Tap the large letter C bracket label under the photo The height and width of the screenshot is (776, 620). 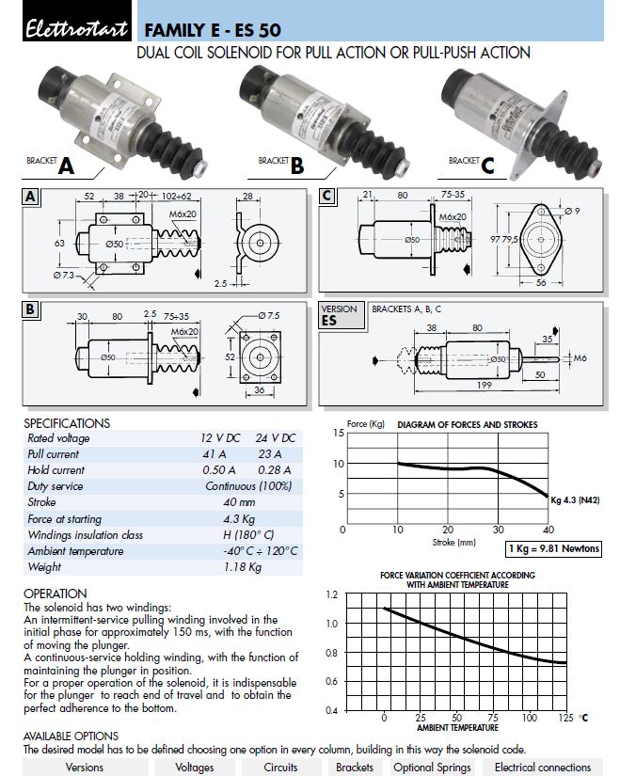coord(486,166)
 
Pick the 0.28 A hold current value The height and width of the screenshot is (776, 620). coord(275,469)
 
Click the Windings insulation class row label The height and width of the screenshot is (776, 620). coord(85,534)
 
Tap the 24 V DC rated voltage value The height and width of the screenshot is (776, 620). coord(275,437)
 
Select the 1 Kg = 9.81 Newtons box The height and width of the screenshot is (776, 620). coord(553,548)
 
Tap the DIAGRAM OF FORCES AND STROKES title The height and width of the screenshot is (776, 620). coord(468,425)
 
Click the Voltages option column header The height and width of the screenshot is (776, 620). coord(195,768)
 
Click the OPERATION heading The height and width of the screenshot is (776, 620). coord(56,594)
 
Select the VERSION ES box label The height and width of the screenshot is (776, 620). coord(340,314)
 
